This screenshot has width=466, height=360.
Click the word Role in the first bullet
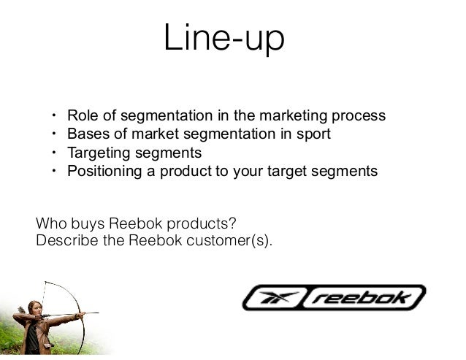click(80, 116)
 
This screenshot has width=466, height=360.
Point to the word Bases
click(85, 134)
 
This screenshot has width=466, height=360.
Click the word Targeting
click(98, 153)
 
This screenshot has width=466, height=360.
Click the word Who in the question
click(49, 222)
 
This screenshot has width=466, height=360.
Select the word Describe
click(64, 238)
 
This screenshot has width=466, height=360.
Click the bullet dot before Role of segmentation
click(53, 116)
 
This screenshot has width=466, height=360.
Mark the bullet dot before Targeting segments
click(53, 153)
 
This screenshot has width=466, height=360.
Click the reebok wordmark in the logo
click(369, 298)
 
